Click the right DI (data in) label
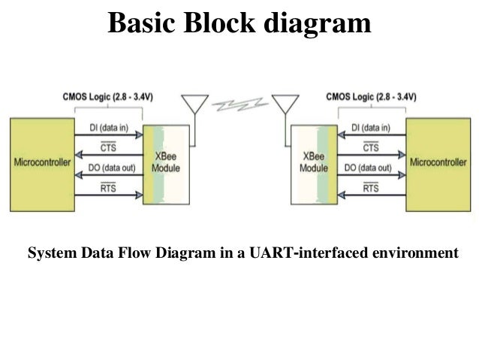[x=370, y=129]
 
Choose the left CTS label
[x=108, y=149]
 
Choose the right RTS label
[x=370, y=189]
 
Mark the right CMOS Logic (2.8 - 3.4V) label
[x=372, y=96]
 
